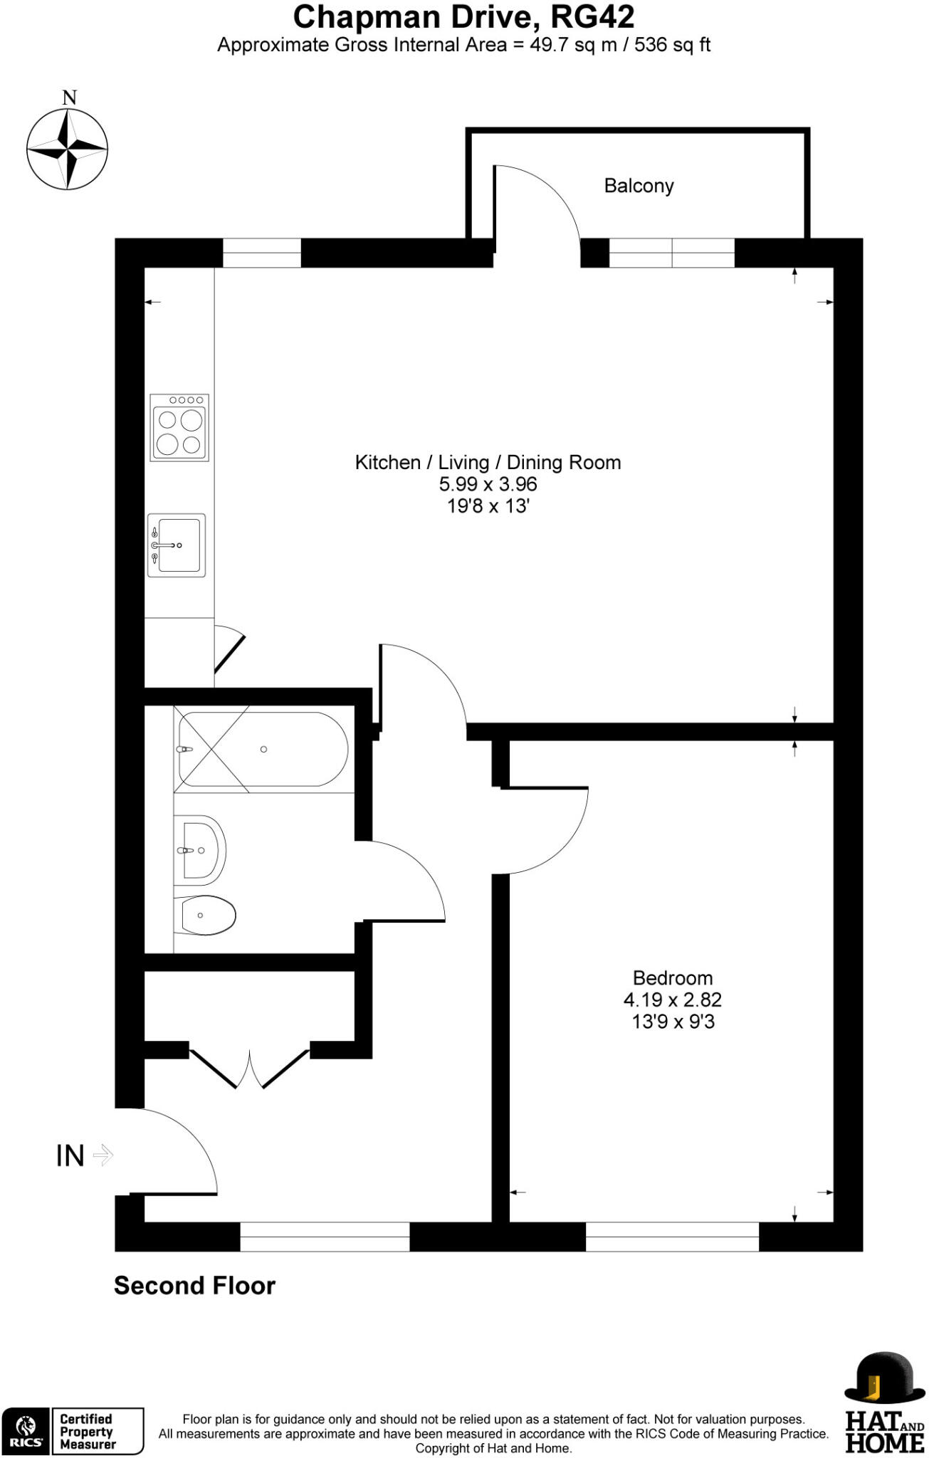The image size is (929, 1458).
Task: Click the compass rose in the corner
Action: coord(68,149)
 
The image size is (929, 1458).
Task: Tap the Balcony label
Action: coord(639,186)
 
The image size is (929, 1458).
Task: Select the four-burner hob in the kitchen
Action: coord(179,427)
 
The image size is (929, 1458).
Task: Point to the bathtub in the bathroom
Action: coord(263,749)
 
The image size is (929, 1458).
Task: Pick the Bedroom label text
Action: coord(672,977)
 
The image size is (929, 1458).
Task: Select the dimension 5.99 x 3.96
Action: coord(488,484)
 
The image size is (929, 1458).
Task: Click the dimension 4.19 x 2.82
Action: coord(672,1000)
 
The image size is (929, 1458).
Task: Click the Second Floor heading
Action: coord(194,1286)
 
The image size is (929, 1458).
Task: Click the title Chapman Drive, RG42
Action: coord(463,16)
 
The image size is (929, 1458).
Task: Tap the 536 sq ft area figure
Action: coord(672,45)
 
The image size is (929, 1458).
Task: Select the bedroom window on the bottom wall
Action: coord(672,1237)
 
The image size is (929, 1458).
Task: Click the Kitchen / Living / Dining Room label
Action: coord(488,463)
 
